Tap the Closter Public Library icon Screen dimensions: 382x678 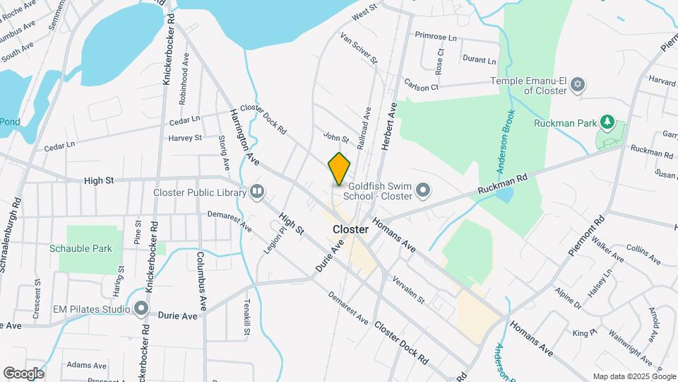pyautogui.click(x=256, y=192)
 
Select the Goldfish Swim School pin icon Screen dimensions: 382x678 pyautogui.click(x=423, y=190)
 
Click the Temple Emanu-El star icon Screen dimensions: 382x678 pyautogui.click(x=578, y=85)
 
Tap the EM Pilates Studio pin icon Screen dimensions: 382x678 pyautogui.click(x=141, y=308)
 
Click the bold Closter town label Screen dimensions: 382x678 pyautogui.click(x=350, y=230)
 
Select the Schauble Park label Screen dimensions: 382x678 pyautogui.click(x=81, y=248)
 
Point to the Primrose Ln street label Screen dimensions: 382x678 pyautogui.click(x=436, y=35)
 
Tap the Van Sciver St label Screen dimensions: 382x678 pyautogui.click(x=359, y=47)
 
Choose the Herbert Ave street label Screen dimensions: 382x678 pyautogui.click(x=388, y=126)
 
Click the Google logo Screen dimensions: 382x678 pyautogui.click(x=23, y=373)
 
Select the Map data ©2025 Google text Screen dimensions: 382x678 pyautogui.click(x=633, y=376)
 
